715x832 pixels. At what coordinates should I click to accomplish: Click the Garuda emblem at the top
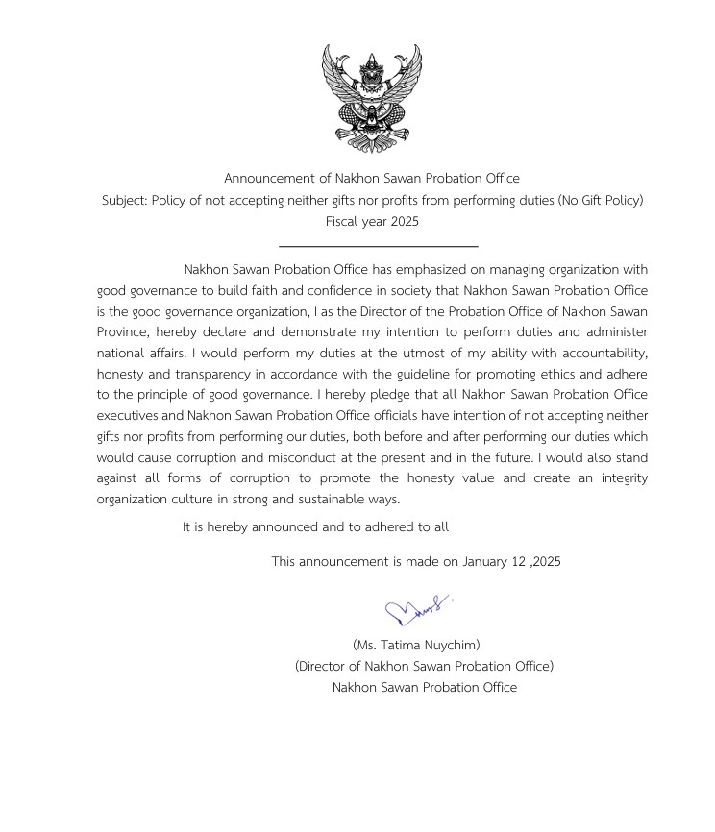[x=372, y=97]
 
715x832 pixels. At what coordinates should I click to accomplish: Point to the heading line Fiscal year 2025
[x=372, y=222]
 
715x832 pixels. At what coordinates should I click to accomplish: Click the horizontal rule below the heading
[x=378, y=247]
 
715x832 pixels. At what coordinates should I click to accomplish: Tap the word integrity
[x=619, y=478]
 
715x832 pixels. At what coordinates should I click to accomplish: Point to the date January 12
[x=494, y=562]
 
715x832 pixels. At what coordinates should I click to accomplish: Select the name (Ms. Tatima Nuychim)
[x=416, y=645]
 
